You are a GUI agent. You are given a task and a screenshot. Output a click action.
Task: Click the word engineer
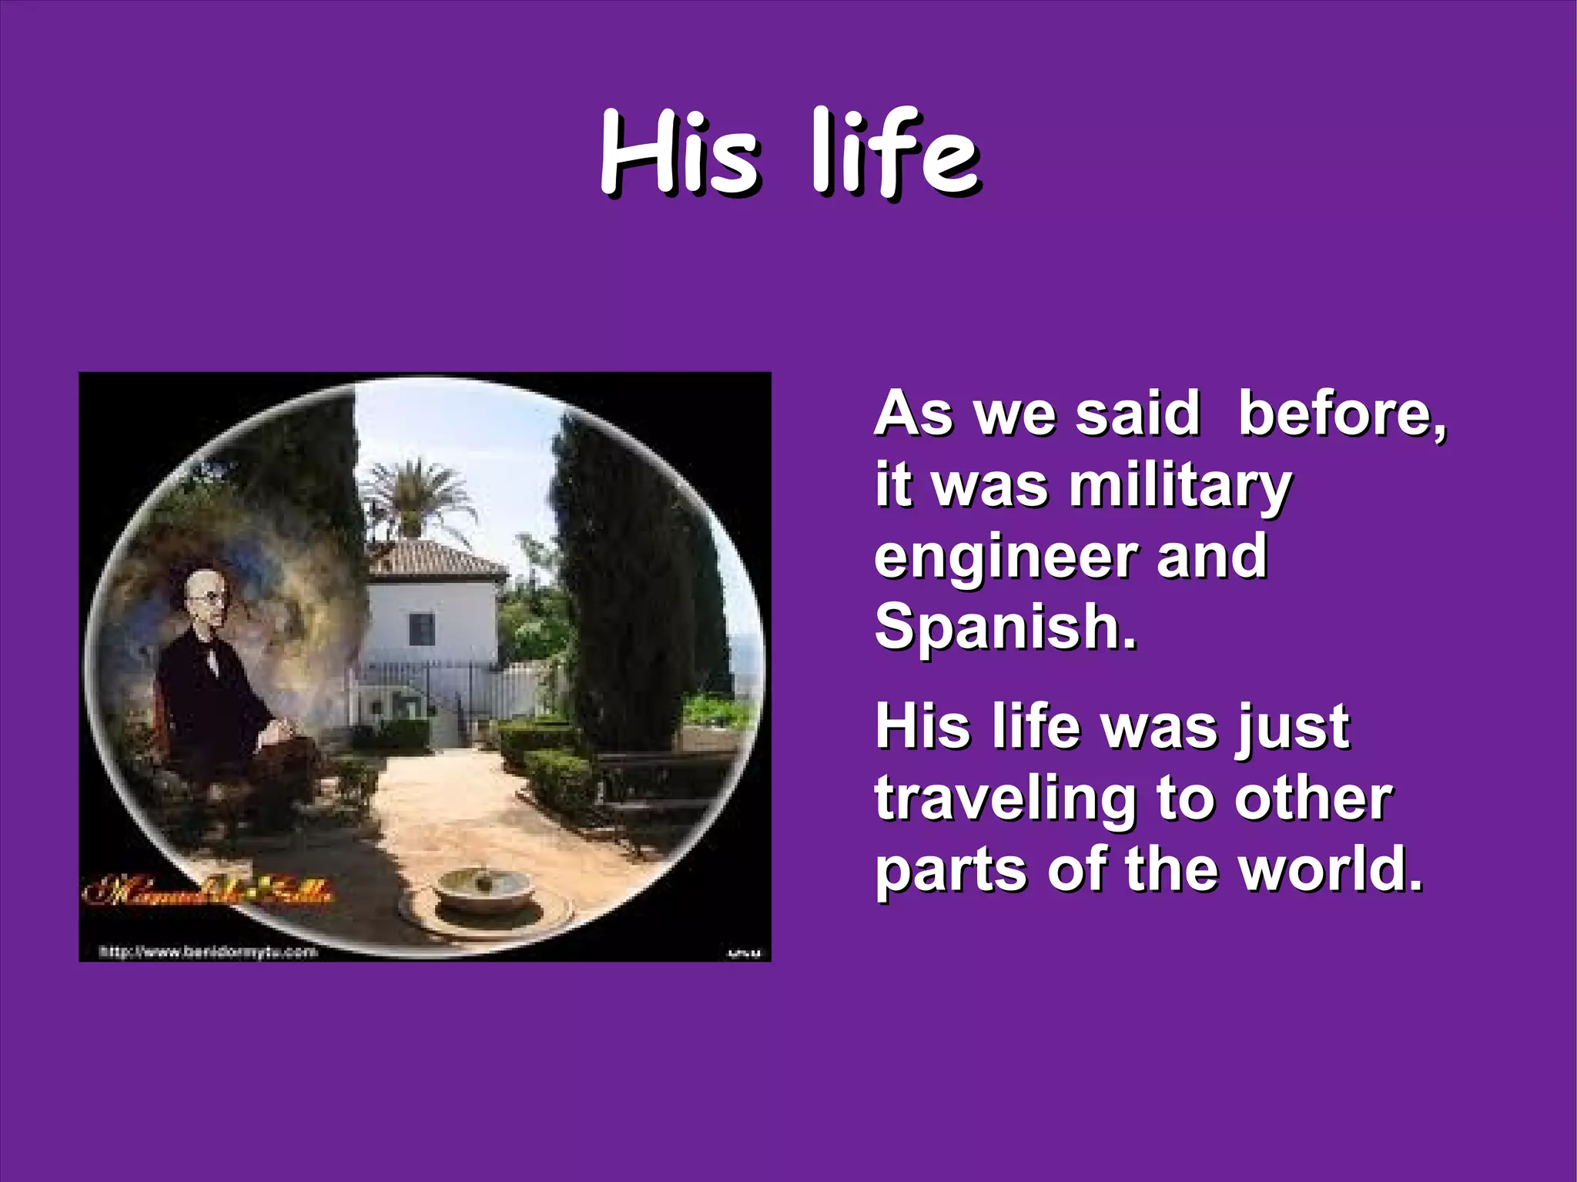click(1005, 558)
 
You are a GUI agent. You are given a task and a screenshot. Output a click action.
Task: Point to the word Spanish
click(1005, 628)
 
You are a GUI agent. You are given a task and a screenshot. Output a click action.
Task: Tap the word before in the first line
click(1341, 415)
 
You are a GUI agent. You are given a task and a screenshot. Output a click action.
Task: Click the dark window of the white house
click(421, 629)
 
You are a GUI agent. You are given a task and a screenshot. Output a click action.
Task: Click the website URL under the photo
click(208, 953)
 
